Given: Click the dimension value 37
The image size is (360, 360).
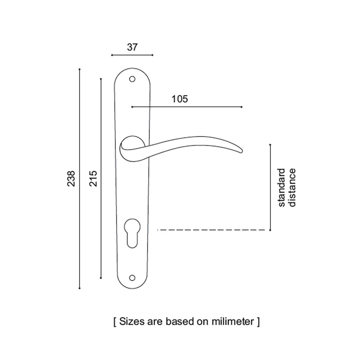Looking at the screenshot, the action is coord(132,47).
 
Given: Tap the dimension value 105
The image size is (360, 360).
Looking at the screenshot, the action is coord(180,99).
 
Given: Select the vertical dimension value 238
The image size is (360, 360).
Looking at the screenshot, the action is coord(71,178).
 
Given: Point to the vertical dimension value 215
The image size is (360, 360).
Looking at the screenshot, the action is coord(93,178).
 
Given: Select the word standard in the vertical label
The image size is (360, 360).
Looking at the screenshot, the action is coord(282,188).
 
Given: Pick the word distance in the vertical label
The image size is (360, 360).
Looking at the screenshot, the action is coord(292,188).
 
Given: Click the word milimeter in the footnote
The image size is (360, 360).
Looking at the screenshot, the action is coord(233,321).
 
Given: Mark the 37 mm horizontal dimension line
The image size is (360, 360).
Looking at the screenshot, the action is coord(132,55).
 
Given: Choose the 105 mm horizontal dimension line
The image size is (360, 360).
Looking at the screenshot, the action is coord(187,107).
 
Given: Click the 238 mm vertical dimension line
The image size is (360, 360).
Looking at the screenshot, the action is coord(80,179).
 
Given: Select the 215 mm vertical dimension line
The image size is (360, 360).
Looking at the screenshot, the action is coord(101,178).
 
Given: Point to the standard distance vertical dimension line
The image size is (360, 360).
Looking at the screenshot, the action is coord(270,187).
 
